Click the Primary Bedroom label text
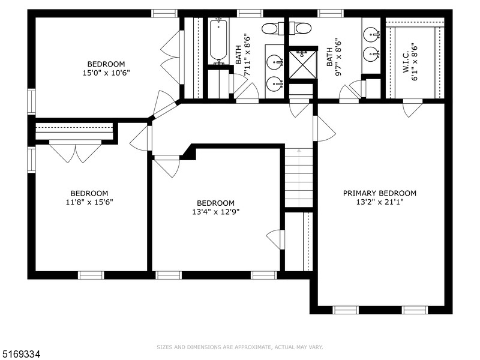click(x=379, y=193)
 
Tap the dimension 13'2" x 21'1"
click(x=379, y=202)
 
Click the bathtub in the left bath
click(x=218, y=41)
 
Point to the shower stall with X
click(x=302, y=64)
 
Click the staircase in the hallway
click(x=299, y=178)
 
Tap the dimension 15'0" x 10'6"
click(x=106, y=73)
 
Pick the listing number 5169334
click(x=22, y=355)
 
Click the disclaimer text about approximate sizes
click(x=240, y=347)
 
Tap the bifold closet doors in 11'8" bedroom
click(x=75, y=151)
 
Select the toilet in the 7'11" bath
click(x=270, y=28)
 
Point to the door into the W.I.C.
click(x=412, y=109)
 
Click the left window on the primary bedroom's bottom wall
click(x=345, y=310)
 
